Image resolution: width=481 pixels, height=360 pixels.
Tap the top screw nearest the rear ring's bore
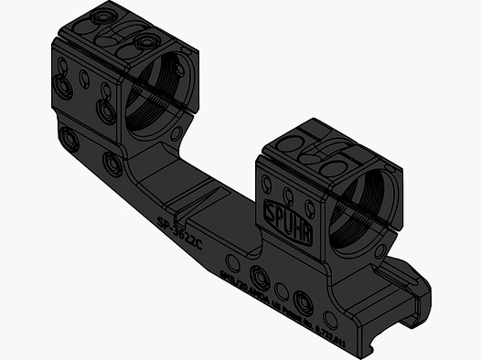pyautogui.click(x=143, y=42)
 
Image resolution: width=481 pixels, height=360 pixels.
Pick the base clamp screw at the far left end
pyautogui.click(x=68, y=139)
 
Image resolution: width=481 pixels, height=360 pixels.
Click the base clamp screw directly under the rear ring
pyautogui.click(x=112, y=164)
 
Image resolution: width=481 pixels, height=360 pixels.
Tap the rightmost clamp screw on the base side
pyautogui.click(x=303, y=306)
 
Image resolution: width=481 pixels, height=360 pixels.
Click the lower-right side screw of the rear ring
pyautogui.click(x=106, y=111)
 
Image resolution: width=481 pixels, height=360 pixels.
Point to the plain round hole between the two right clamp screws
pyautogui.click(x=282, y=292)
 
